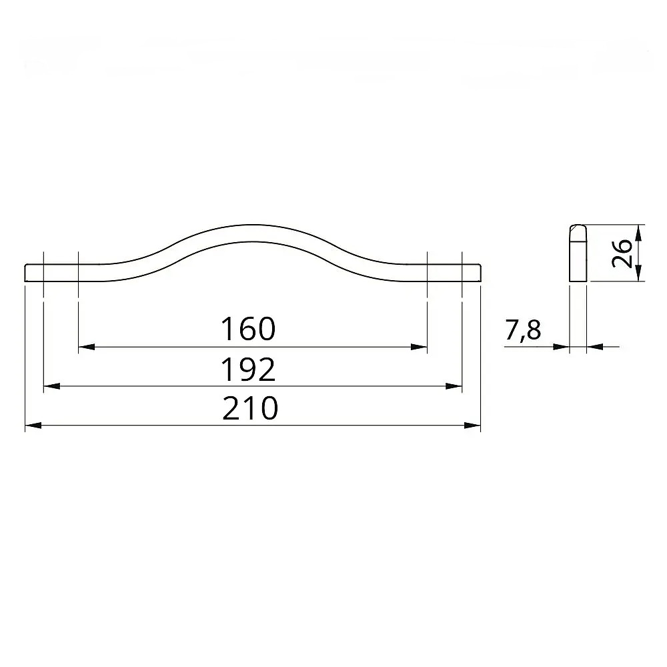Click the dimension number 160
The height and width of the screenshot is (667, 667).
point(248,328)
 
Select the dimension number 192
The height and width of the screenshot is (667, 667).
point(248,370)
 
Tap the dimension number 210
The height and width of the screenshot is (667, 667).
point(250,408)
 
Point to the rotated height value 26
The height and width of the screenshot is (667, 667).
point(622,253)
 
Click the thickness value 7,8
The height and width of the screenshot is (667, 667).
point(523,330)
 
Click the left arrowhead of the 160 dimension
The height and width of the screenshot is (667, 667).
point(87,347)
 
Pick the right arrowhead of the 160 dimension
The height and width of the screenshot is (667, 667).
point(419,347)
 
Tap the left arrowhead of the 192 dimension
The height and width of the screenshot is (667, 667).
point(52,386)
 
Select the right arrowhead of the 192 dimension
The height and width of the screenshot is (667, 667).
point(454,386)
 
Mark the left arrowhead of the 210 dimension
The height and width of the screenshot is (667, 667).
point(33,425)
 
